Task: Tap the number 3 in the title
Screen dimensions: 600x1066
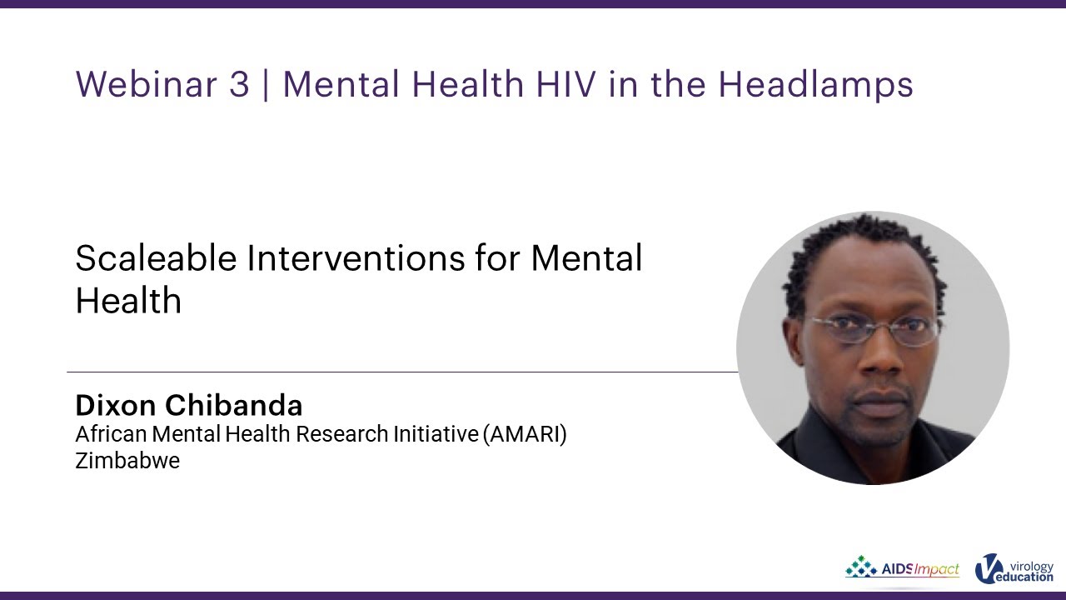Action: pos(238,84)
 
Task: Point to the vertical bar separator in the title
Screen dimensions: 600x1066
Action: pos(266,84)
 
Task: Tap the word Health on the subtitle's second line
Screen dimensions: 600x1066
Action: pos(128,300)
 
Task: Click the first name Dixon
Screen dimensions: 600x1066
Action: pos(115,405)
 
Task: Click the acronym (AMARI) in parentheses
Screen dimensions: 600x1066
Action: pos(525,434)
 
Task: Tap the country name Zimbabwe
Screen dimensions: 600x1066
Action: pos(127,460)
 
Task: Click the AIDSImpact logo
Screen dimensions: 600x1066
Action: pos(902,569)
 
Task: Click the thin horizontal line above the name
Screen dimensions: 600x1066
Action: pos(400,372)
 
